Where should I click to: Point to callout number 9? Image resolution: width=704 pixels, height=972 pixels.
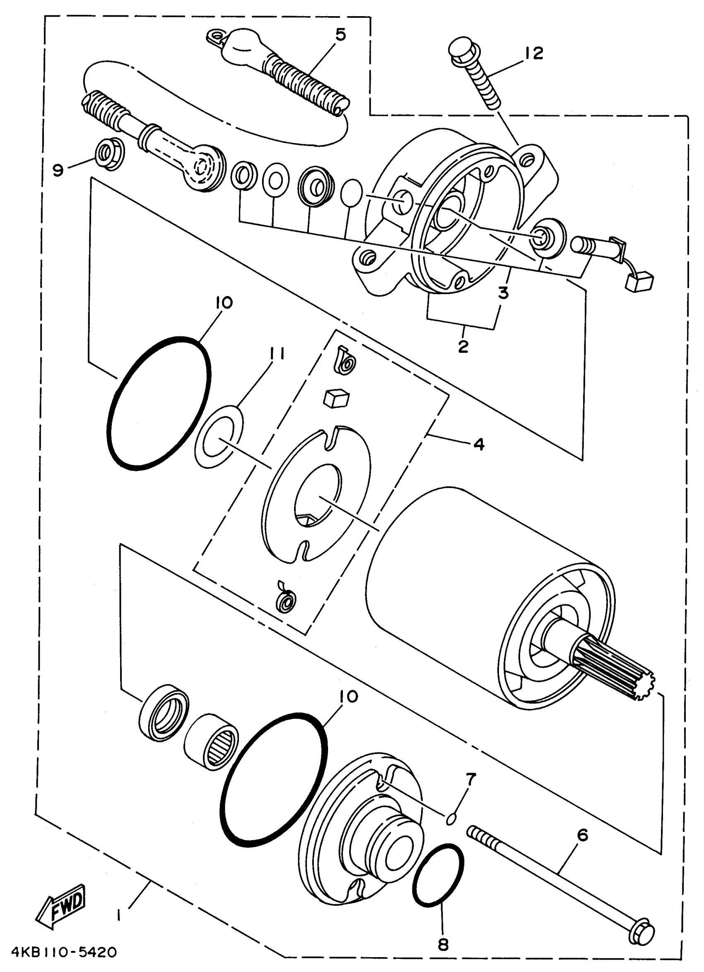click(x=58, y=170)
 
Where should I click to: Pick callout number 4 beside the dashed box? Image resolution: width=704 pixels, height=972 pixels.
click(x=479, y=444)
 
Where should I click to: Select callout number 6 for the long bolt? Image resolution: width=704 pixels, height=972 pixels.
click(x=582, y=835)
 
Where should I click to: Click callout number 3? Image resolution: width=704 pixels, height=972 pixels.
click(x=503, y=293)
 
